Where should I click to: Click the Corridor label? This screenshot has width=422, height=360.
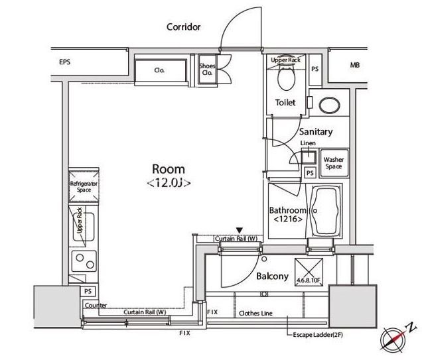coord(184,27)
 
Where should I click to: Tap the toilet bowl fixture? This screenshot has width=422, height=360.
coord(286,78)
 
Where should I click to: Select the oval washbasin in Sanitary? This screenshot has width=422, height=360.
coord(329,105)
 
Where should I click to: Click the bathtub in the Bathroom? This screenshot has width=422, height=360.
coord(324,211)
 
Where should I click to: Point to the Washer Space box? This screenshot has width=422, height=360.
coord(334,163)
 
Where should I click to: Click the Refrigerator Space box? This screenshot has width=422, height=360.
coord(84,186)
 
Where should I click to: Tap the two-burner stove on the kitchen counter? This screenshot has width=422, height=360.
coord(84,261)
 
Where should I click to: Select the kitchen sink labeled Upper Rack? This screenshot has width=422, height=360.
coord(84,226)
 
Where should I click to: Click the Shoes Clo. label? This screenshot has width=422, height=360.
coord(207,69)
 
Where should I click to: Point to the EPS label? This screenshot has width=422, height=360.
coord(65,62)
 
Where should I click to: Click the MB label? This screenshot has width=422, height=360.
coord(355,65)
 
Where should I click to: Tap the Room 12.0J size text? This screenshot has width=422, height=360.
coord(169,183)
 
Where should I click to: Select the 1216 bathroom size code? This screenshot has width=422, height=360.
coord(288,219)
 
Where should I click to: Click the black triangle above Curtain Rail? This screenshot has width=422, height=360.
coord(240,231)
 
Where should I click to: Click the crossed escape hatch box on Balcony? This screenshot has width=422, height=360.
coord(309,272)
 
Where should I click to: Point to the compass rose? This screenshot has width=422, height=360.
coord(393,339)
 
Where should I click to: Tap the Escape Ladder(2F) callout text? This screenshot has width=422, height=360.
coord(318,335)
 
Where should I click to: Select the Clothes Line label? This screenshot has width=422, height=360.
coord(255,314)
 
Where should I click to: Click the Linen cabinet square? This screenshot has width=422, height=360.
coord(309,158)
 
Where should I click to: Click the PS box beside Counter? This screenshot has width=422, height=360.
coord(88,291)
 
